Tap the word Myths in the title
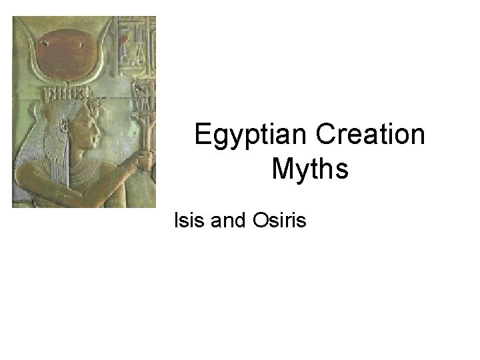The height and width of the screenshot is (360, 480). (310, 169)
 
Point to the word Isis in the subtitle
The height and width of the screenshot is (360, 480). (189, 219)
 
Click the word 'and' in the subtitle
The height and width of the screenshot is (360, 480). (228, 219)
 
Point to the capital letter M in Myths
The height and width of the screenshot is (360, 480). (283, 169)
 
